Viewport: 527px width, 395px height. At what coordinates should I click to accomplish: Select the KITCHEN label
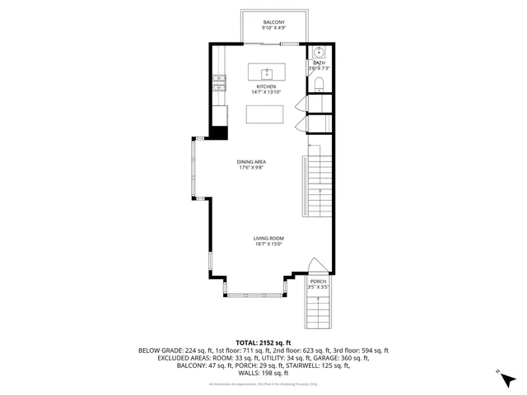(x=265, y=86)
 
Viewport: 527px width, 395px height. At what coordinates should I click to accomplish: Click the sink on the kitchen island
(x=268, y=72)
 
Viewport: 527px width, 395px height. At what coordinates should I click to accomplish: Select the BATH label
(x=319, y=63)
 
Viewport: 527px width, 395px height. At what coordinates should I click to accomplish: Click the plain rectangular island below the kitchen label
(x=265, y=114)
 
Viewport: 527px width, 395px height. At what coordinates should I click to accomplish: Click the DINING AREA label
(x=250, y=162)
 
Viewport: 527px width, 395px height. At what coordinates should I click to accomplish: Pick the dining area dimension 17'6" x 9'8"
(x=250, y=169)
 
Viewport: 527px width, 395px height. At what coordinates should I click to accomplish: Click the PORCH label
(x=318, y=281)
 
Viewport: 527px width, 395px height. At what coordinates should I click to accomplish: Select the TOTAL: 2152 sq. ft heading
(x=263, y=342)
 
